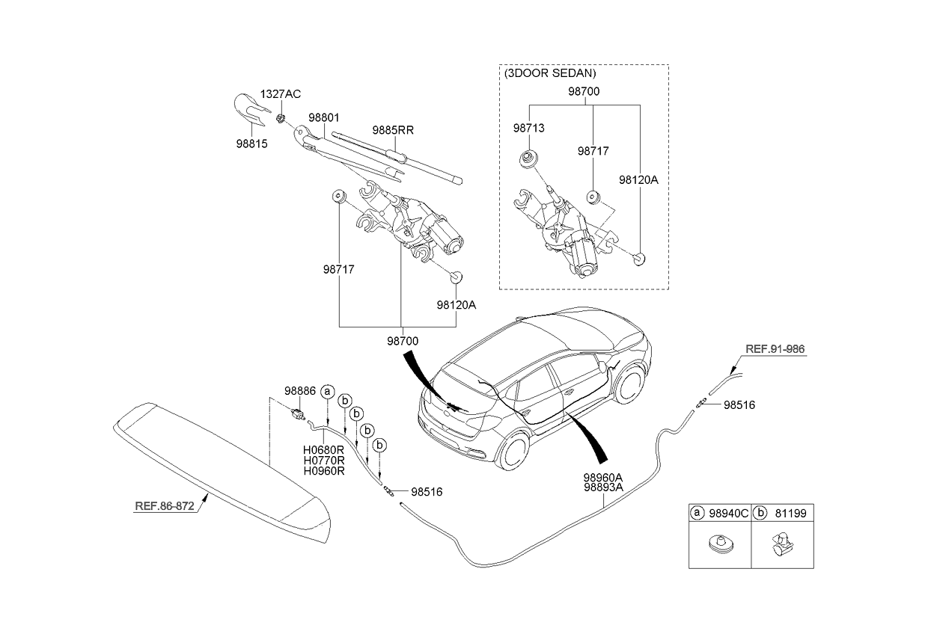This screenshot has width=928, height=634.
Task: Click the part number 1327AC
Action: (280, 94)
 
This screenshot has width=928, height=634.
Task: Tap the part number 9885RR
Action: (393, 129)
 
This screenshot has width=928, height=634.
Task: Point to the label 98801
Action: (324, 118)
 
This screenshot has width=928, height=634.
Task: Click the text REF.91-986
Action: (776, 348)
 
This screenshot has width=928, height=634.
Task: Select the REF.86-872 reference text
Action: (165, 506)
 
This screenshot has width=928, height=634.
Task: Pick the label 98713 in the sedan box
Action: (528, 129)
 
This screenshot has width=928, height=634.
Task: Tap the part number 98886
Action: (299, 390)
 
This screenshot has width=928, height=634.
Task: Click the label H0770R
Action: (323, 461)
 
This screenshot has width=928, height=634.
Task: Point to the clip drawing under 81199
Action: (781, 544)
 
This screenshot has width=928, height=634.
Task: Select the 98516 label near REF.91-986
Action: (739, 405)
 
